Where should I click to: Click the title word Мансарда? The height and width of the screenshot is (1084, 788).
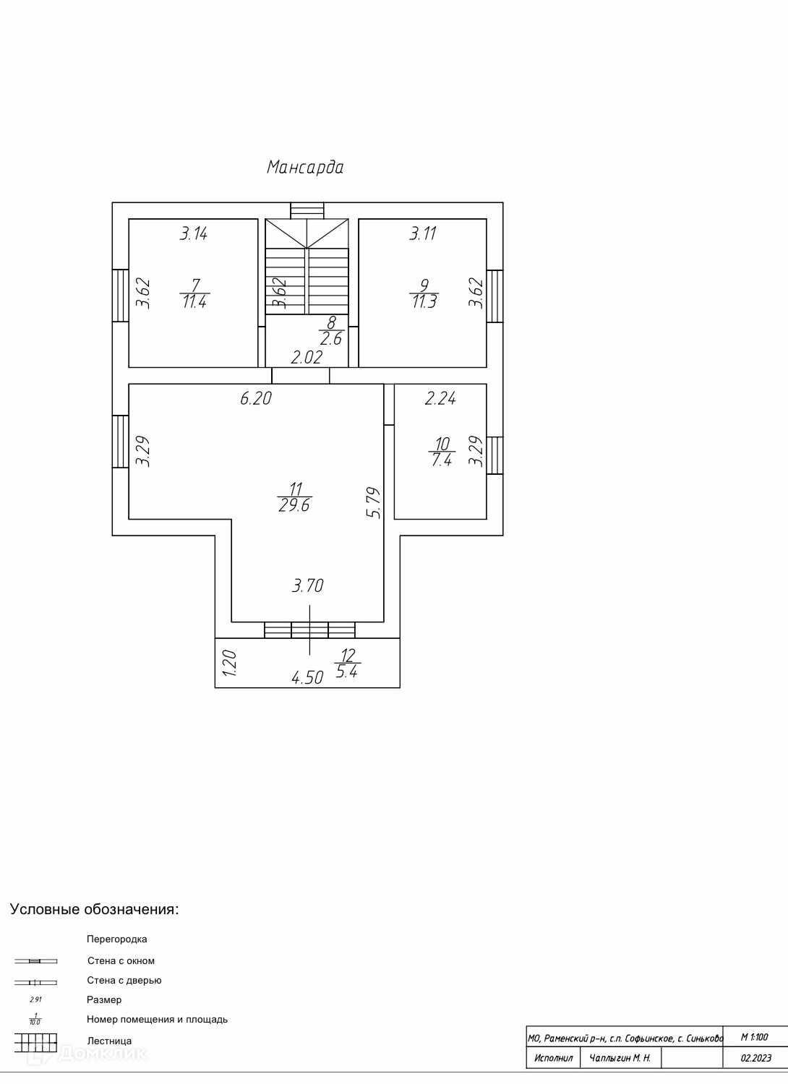pyautogui.click(x=305, y=168)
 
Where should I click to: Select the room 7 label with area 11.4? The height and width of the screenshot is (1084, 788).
pyautogui.click(x=194, y=294)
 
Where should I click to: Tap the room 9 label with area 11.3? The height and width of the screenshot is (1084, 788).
pyautogui.click(x=424, y=294)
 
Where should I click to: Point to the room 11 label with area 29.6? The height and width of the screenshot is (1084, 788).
pyautogui.click(x=294, y=497)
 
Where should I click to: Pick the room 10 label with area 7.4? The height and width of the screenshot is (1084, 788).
pyautogui.click(x=442, y=452)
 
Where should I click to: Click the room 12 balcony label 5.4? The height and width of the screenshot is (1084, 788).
pyautogui.click(x=348, y=663)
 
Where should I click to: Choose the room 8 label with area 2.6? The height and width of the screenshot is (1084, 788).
pyautogui.click(x=330, y=331)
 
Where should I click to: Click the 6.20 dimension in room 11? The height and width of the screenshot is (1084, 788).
pyautogui.click(x=256, y=398)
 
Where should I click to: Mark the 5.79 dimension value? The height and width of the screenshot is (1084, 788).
pyautogui.click(x=373, y=502)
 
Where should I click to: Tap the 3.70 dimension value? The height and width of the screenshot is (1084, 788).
pyautogui.click(x=307, y=586)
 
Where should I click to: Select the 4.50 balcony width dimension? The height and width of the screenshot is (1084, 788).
pyautogui.click(x=307, y=678)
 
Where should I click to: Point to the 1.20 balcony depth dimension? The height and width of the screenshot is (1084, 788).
pyautogui.click(x=229, y=663)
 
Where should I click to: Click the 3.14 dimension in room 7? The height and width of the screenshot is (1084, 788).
pyautogui.click(x=194, y=233)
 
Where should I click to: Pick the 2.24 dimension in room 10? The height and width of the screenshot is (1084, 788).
pyautogui.click(x=440, y=398)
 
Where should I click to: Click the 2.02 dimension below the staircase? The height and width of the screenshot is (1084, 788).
pyautogui.click(x=307, y=357)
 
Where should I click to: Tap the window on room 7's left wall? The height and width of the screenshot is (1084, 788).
pyautogui.click(x=120, y=295)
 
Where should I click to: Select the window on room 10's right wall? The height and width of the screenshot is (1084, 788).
pyautogui.click(x=494, y=455)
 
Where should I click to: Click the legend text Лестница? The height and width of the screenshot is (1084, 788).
pyautogui.click(x=109, y=1041)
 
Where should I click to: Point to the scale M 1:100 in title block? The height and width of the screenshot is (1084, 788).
pyautogui.click(x=755, y=1037)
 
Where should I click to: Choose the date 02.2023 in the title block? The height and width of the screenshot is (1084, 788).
pyautogui.click(x=755, y=1059)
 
